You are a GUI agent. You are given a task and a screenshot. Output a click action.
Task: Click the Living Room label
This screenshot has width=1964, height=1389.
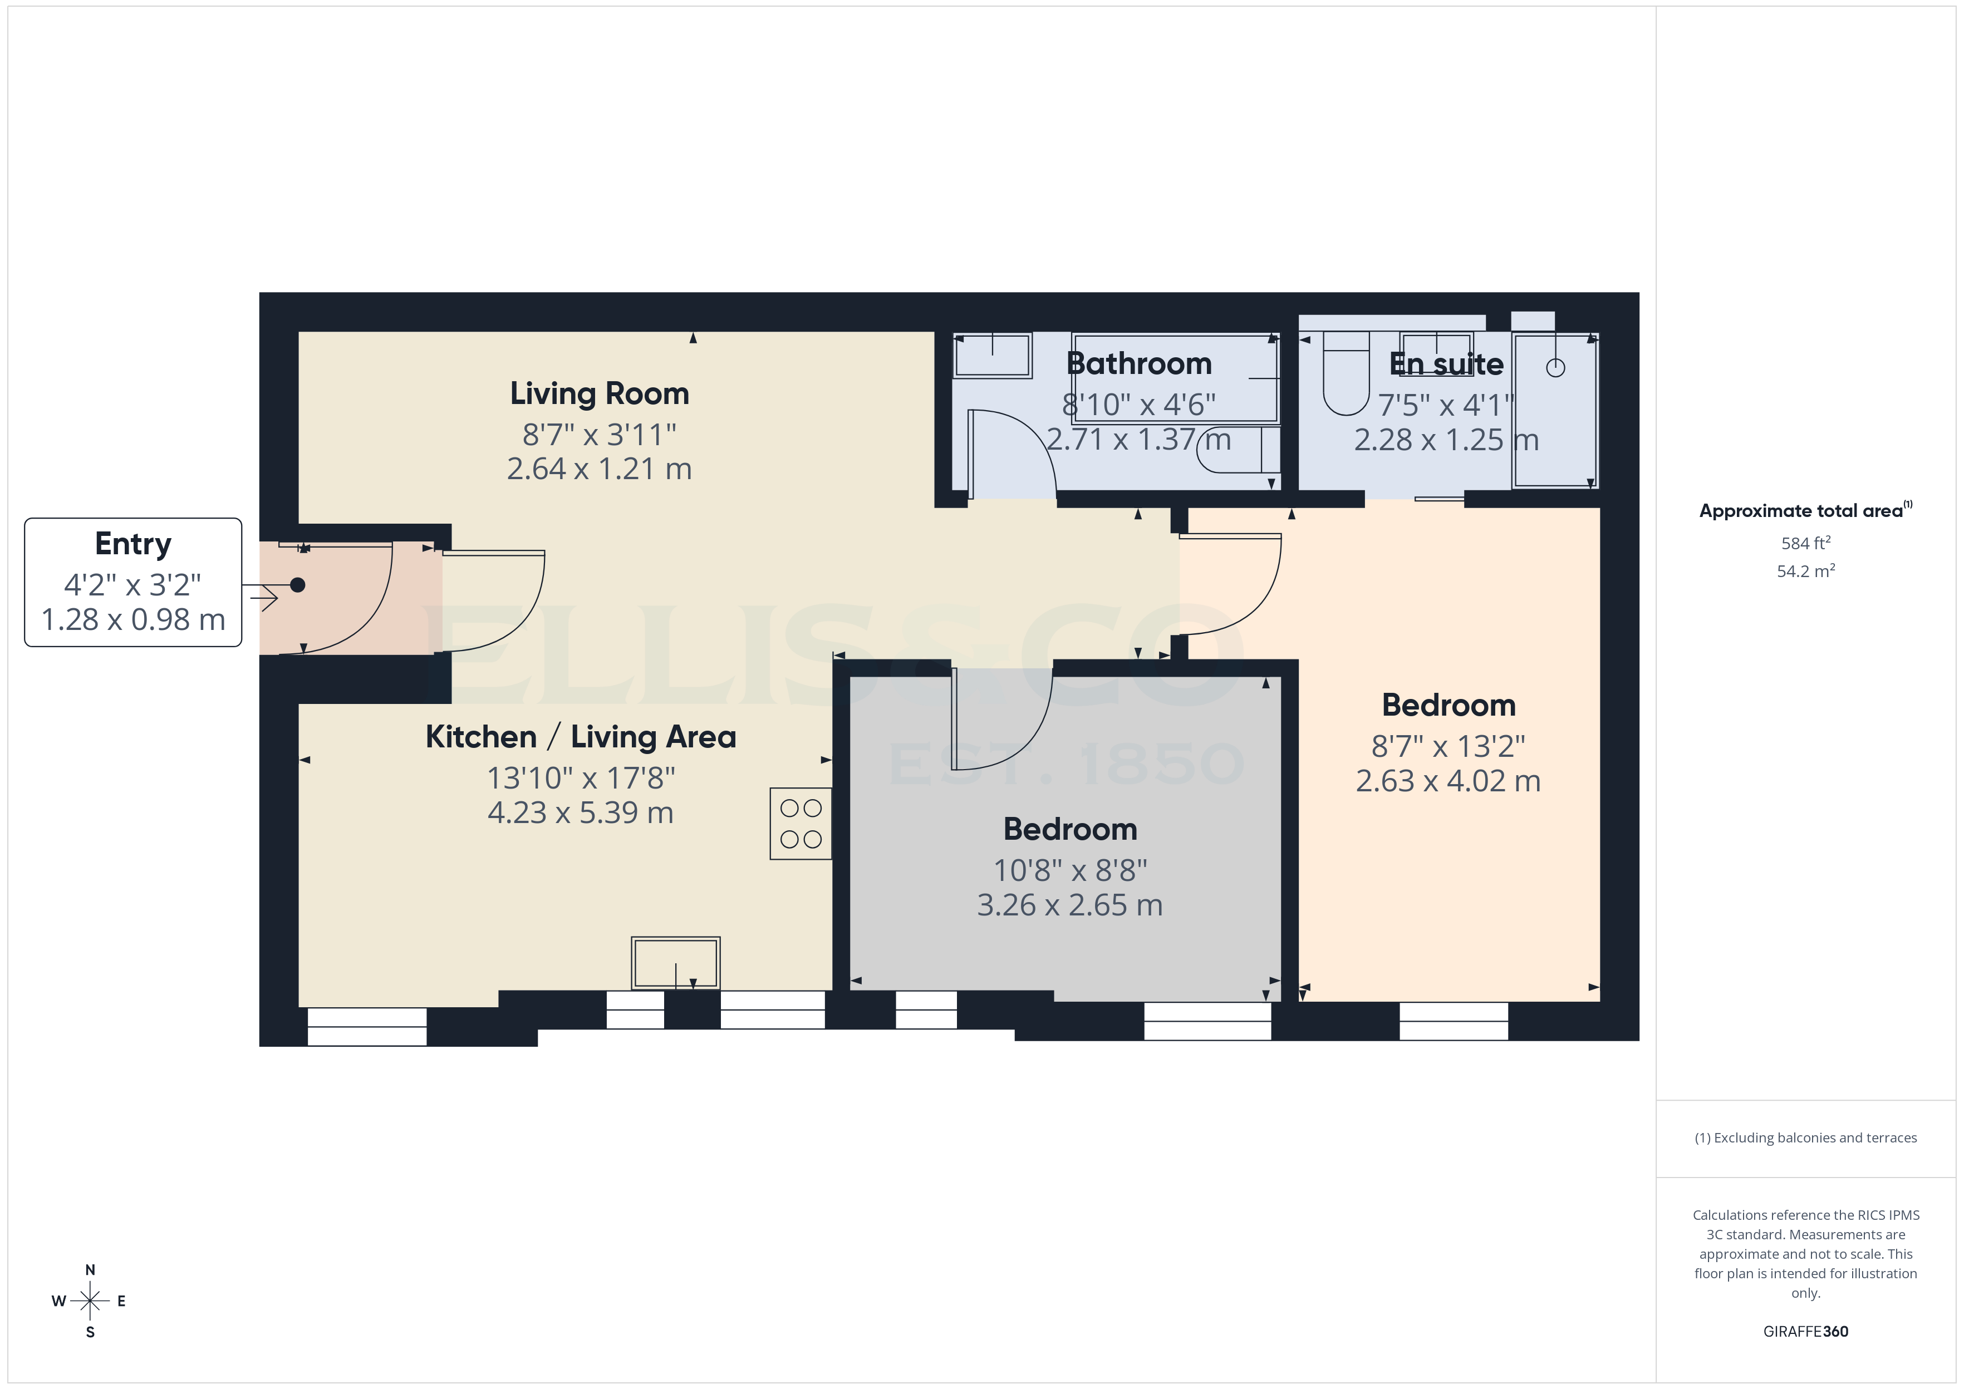coord(599,393)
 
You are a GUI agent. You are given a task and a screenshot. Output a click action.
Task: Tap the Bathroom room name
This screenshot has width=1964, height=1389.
coord(1138,363)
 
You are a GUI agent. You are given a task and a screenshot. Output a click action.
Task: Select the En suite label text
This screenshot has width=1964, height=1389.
coord(1446,363)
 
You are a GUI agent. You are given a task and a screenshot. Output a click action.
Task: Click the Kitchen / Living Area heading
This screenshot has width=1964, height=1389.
coord(581,736)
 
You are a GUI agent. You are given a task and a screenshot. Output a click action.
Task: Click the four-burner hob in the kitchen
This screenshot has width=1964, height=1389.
coord(801,824)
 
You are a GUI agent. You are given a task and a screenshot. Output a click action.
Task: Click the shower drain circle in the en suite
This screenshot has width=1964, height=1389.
coord(1555,368)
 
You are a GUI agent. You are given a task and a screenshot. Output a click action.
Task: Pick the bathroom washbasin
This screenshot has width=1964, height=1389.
coord(992,355)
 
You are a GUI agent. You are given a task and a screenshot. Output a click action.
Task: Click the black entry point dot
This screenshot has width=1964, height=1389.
coord(298,585)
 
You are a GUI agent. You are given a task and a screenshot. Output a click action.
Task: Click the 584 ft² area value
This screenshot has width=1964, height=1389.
coord(1805,543)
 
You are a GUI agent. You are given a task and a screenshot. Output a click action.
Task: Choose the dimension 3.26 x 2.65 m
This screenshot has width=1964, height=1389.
coord(1069,905)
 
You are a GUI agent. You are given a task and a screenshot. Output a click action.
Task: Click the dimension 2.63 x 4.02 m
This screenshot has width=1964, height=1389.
coord(1447,781)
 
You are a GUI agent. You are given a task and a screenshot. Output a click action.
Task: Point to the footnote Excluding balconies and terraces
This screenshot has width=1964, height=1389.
coord(1805,1137)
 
